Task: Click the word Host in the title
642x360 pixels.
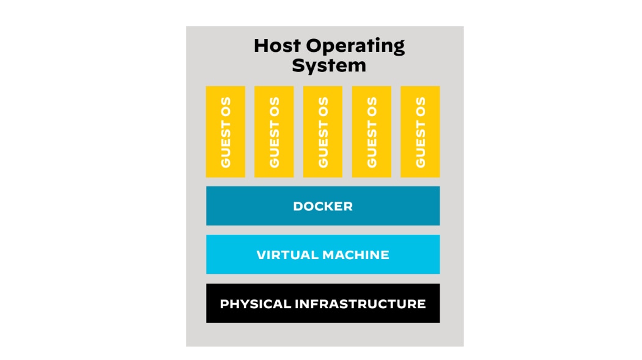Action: pyautogui.click(x=277, y=46)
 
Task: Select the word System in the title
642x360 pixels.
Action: pyautogui.click(x=328, y=65)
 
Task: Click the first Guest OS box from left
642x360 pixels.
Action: pyautogui.click(x=226, y=131)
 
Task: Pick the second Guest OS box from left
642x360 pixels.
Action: pyautogui.click(x=274, y=131)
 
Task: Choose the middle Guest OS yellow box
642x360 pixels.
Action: pyautogui.click(x=323, y=131)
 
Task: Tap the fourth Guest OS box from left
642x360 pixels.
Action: pyautogui.click(x=371, y=131)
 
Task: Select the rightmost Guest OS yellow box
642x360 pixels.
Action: pyautogui.click(x=420, y=131)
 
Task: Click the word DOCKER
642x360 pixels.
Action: pyautogui.click(x=323, y=206)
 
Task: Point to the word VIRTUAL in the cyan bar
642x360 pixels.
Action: pyautogui.click(x=286, y=255)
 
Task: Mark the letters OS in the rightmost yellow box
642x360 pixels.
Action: pyautogui.click(x=420, y=106)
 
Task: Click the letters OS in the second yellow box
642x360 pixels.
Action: pyautogui.click(x=274, y=106)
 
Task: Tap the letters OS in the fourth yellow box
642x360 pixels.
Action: pyautogui.click(x=371, y=106)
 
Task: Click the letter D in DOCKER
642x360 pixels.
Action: pyautogui.click(x=298, y=206)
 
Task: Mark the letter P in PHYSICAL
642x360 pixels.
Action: pyautogui.click(x=224, y=304)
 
